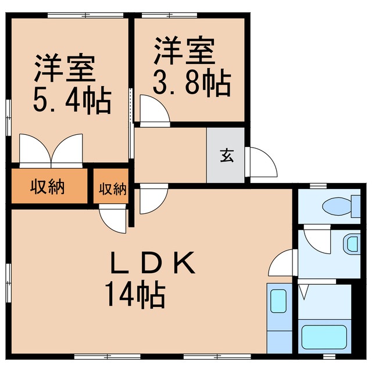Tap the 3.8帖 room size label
[x=192, y=85]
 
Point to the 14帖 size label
[x=135, y=295]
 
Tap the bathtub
[x=324, y=337]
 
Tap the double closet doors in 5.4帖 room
[x=52, y=151]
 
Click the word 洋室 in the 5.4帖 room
[x=65, y=69]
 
